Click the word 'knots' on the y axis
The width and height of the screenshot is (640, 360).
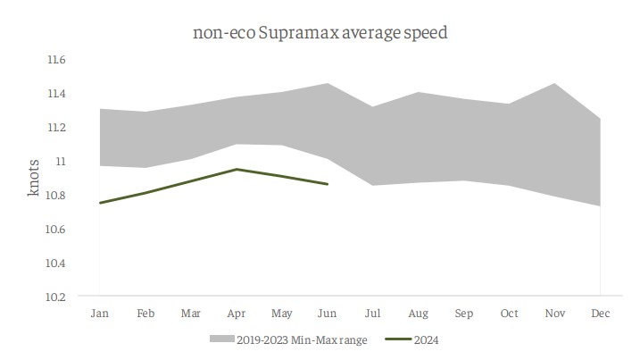coord(33,178)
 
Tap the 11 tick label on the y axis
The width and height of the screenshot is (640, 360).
coord(61,161)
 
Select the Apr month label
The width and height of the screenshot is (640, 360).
coord(236,314)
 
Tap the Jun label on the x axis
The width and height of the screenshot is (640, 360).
coord(328,314)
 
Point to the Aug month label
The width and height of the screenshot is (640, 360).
coord(419,314)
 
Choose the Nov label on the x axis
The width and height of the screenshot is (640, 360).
coord(555,314)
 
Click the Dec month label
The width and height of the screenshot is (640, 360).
coord(601,314)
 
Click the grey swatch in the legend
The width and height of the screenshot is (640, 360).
coord(221,339)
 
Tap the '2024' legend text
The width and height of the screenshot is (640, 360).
coord(427,339)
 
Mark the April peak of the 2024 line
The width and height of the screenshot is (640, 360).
coord(236,169)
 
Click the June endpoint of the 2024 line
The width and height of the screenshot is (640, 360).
coord(328,184)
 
